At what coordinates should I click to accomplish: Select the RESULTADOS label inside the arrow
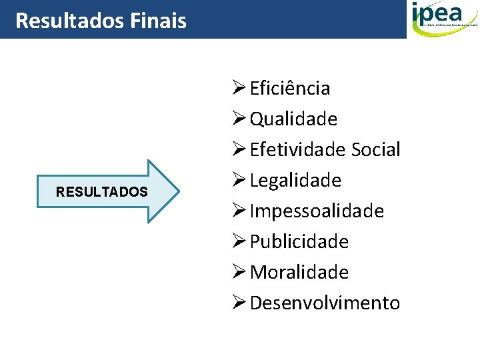101,192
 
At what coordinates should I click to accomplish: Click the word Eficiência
290,89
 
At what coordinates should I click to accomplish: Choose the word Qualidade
293,119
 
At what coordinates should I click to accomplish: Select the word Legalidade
295,181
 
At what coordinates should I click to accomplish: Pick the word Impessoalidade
317,211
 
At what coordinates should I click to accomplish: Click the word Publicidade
299,242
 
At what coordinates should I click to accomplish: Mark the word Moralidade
299,273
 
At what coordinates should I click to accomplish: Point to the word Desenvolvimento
325,303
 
